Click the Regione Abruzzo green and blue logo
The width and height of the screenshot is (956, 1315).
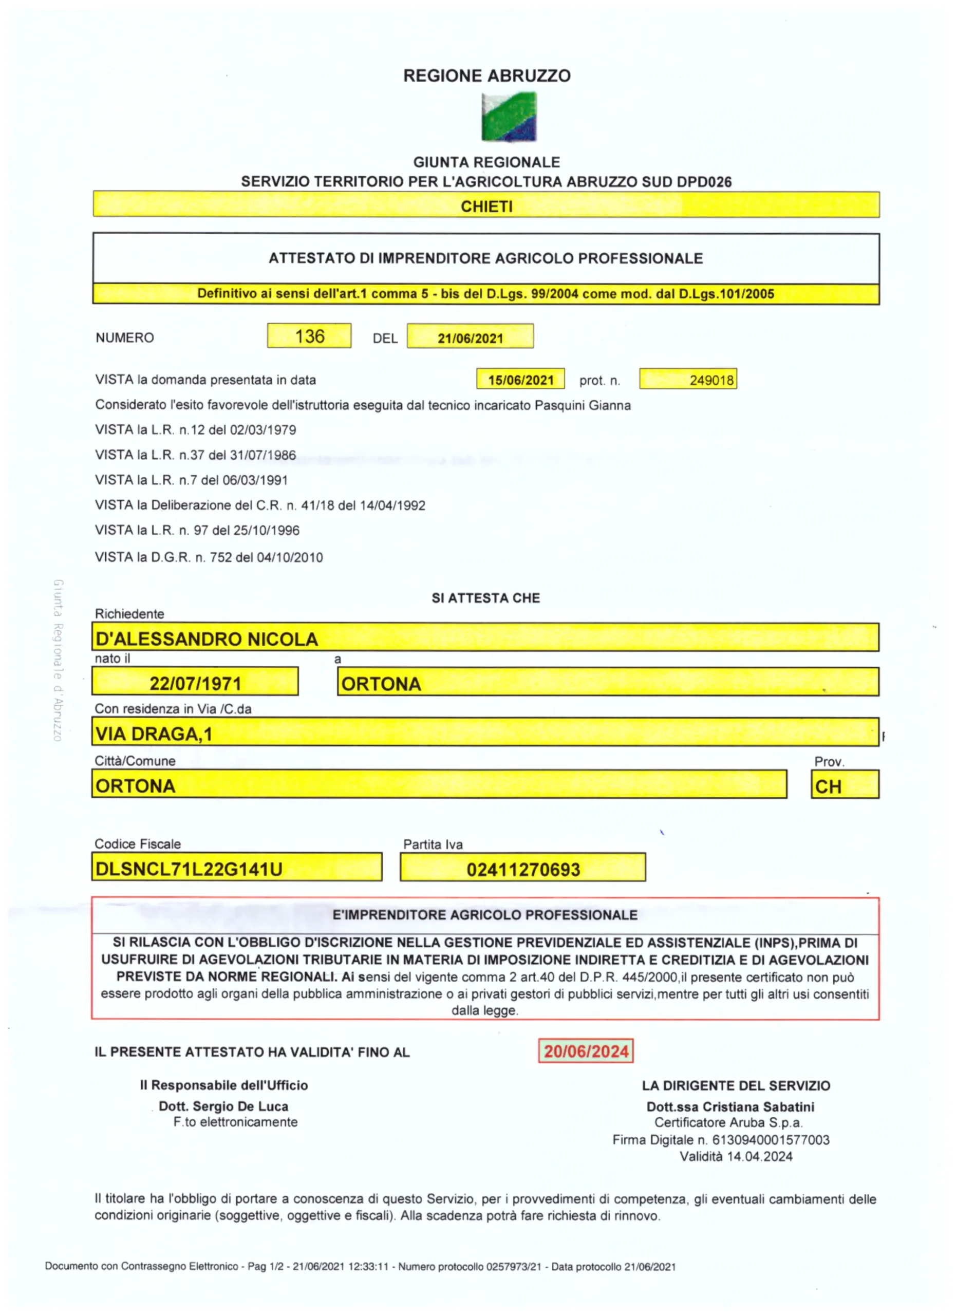point(509,117)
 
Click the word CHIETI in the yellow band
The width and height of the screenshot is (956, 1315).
point(486,206)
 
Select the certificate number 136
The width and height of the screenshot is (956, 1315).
point(310,336)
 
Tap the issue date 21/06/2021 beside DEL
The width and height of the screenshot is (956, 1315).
point(470,338)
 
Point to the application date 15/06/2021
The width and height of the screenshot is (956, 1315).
point(520,380)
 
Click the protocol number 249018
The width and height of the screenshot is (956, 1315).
point(711,380)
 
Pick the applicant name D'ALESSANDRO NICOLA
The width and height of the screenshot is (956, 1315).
point(207,639)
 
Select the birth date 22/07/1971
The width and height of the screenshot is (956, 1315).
point(195,684)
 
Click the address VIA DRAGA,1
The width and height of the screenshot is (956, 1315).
point(154,734)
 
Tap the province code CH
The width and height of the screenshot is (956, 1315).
point(828,787)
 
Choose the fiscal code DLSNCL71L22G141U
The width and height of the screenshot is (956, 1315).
point(189,869)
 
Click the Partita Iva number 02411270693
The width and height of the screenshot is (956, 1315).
point(523,870)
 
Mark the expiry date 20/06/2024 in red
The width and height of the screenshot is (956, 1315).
point(586,1051)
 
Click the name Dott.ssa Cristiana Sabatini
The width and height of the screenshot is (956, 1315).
point(730,1107)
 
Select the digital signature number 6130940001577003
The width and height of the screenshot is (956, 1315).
point(771,1140)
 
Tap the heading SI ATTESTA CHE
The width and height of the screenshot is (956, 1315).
point(485,598)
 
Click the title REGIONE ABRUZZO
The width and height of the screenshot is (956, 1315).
point(486,76)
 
